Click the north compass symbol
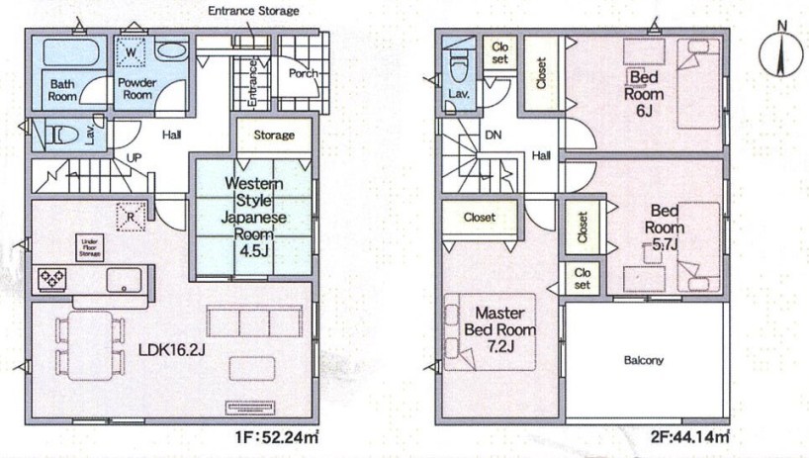tap(782, 51)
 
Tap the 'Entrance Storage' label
tap(253, 10)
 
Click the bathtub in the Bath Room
tap(69, 53)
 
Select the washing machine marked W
tap(131, 52)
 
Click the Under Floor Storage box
tap(90, 248)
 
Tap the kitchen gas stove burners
tap(52, 279)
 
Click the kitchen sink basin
tap(124, 280)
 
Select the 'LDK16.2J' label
tap(172, 350)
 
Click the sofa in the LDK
tap(254, 321)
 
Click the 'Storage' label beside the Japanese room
tap(274, 136)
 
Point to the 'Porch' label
tap(303, 73)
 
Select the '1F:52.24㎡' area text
tap(276, 438)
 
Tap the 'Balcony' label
tap(644, 360)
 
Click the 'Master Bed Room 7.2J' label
tap(499, 329)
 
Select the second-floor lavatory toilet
tap(458, 67)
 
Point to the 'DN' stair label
tap(494, 136)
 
